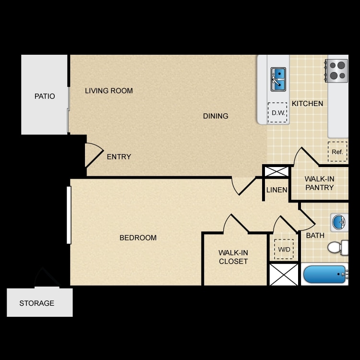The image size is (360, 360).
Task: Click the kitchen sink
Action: (278, 79)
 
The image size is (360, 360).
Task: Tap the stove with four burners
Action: (336, 71)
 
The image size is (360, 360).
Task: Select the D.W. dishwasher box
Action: (277, 112)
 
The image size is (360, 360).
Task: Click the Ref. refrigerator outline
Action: (337, 152)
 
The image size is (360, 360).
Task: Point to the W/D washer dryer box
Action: (284, 249)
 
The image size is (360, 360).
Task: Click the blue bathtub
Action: (324, 274)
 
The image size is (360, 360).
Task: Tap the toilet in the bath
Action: (338, 248)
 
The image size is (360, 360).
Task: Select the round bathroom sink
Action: (339, 222)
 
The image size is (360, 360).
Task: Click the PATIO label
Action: (45, 96)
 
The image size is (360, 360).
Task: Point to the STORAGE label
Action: (37, 303)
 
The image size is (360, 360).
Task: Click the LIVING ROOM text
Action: (109, 91)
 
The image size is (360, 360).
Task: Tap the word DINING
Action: (216, 116)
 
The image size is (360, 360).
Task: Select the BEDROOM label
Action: (138, 238)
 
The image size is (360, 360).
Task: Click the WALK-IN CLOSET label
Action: (233, 257)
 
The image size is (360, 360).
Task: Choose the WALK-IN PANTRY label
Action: (319, 183)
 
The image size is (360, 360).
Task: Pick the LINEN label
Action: (276, 190)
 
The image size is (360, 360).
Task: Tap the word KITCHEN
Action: (307, 104)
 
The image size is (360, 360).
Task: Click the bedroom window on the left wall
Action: (69, 215)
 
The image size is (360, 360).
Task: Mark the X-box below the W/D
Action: (284, 275)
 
